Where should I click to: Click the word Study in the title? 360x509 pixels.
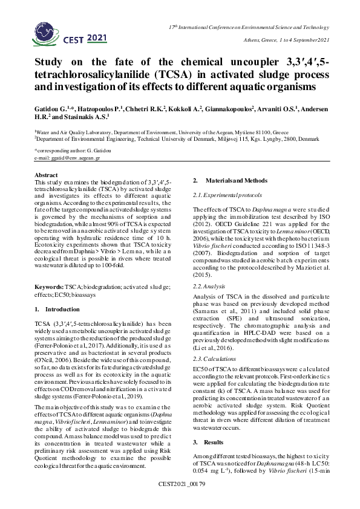pos(50,63)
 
